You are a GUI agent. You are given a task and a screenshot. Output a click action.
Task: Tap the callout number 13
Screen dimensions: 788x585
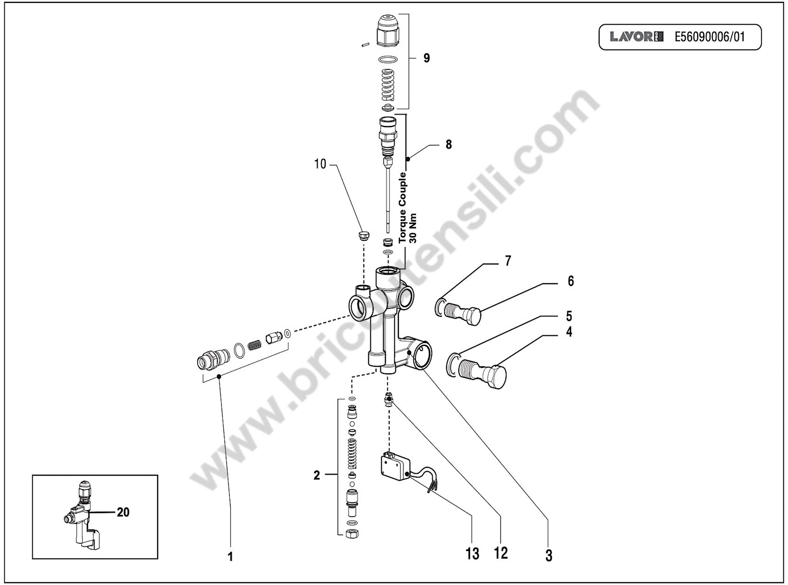click(472, 554)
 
